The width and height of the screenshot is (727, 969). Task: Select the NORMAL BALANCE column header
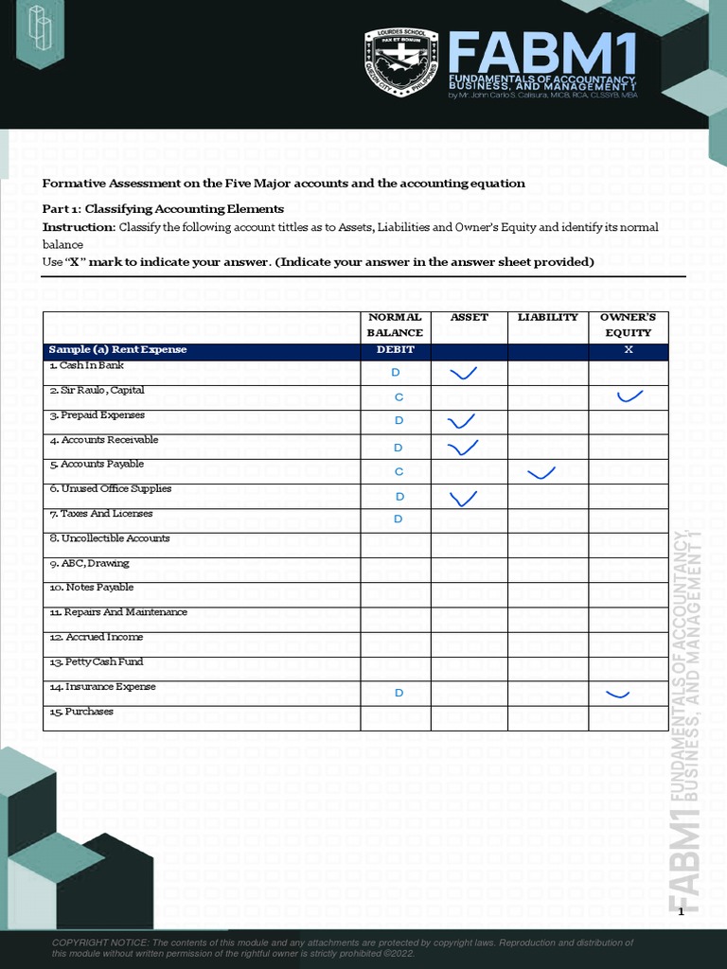[395, 325]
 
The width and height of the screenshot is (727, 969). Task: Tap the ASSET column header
[469, 317]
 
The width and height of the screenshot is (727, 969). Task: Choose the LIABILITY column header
[547, 317]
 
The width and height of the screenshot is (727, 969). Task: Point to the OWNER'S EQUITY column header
[628, 325]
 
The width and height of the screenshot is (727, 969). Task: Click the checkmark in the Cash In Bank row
[464, 374]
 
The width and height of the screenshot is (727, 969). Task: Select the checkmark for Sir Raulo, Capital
[629, 396]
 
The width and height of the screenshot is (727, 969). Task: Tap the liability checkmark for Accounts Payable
[541, 472]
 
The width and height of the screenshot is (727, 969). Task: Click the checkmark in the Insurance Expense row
[617, 696]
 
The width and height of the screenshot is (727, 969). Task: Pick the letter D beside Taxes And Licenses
[399, 520]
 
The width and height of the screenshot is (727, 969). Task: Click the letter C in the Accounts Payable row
[399, 471]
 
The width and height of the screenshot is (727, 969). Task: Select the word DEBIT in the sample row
[395, 350]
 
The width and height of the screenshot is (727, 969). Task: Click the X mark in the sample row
[629, 350]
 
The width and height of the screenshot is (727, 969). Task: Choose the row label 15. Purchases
[81, 712]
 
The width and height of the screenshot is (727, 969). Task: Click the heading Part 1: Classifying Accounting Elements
[163, 208]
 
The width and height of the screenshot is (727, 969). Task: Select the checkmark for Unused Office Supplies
[464, 497]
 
